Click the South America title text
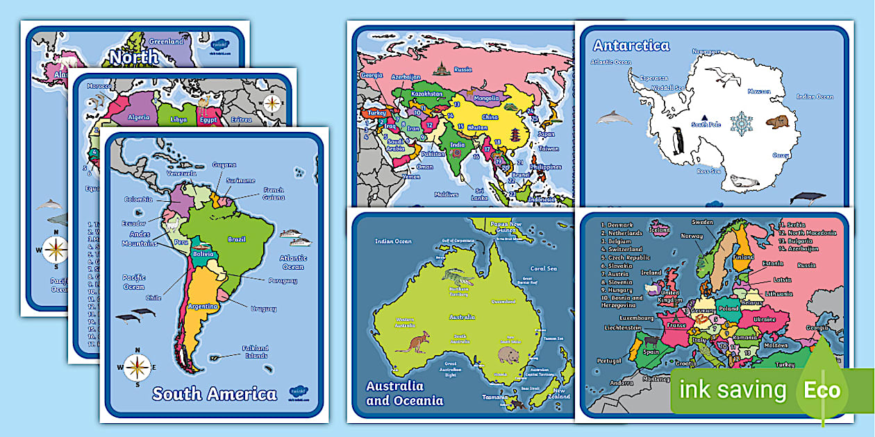point(214,394)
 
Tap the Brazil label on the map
point(236,239)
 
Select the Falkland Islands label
point(254,352)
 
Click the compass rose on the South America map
point(137,367)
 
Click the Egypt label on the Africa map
point(208,120)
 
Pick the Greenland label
point(167,42)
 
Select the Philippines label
point(544,167)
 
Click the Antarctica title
point(631,46)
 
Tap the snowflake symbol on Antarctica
point(744,123)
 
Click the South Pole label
point(706,125)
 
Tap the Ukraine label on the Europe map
point(765,319)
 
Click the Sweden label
point(703,222)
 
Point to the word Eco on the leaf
point(822,390)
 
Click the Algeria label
point(139,117)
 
